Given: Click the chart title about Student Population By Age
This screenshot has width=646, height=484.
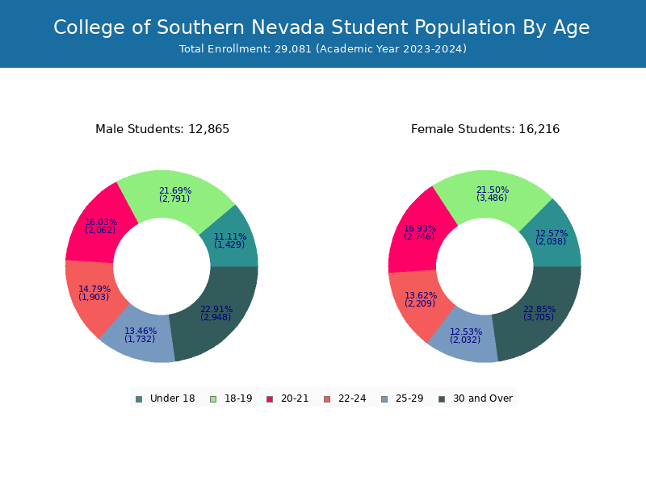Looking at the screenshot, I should pyautogui.click(x=321, y=27).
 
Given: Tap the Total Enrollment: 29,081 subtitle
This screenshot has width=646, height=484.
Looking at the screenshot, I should pyautogui.click(x=323, y=49).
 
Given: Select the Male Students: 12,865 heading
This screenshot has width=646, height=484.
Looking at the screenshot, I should pyautogui.click(x=162, y=129).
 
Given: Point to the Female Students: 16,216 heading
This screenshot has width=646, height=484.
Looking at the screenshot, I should pyautogui.click(x=485, y=129).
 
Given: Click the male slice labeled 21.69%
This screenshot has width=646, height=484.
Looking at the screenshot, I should pyautogui.click(x=175, y=195).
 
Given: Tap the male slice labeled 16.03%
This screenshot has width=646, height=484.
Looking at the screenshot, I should pyautogui.click(x=100, y=225).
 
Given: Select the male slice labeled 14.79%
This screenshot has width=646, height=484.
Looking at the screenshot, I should pyautogui.click(x=94, y=294).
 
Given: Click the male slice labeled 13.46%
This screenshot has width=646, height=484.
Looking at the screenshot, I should pyautogui.click(x=140, y=336).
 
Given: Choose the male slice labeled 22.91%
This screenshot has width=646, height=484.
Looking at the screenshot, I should pyautogui.click(x=216, y=313).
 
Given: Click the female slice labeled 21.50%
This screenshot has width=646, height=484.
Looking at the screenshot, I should pyautogui.click(x=493, y=194).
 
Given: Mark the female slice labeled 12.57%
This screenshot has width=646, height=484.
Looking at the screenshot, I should pyautogui.click(x=552, y=237).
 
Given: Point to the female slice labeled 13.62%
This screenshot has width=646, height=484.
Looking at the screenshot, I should pyautogui.click(x=419, y=298).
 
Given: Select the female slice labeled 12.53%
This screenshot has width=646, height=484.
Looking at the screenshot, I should pyautogui.click(x=466, y=336).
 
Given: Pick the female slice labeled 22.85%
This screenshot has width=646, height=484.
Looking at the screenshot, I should pyautogui.click(x=539, y=315).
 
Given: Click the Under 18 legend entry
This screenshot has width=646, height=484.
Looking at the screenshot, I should pyautogui.click(x=165, y=398).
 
